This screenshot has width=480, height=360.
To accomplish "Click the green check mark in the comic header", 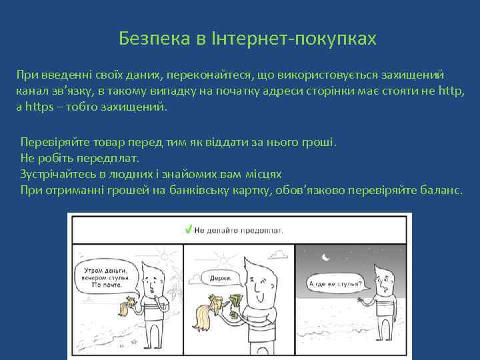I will click(189, 229).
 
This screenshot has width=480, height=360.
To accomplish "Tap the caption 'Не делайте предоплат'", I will click(239, 230).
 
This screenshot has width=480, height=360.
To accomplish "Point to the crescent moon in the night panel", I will click(325, 256).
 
